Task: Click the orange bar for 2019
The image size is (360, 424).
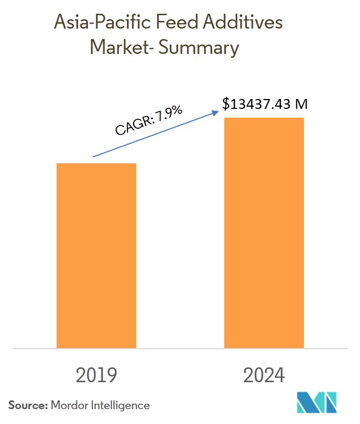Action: point(96,255)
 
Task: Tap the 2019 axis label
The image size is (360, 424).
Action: point(97,376)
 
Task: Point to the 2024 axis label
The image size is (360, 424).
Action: point(264,376)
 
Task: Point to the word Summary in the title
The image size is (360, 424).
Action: point(201,48)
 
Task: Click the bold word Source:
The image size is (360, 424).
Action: point(27,406)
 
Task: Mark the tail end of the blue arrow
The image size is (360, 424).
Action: point(94,157)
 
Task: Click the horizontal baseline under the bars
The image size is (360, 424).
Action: point(180,349)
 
